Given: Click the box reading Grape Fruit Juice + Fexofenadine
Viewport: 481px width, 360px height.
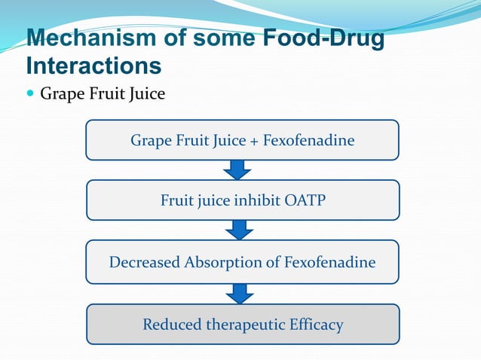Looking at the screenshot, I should pos(242,140).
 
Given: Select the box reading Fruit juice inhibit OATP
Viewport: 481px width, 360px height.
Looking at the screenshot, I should pos(242,200).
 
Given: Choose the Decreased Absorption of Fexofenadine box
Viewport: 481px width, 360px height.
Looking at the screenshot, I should pos(242,262).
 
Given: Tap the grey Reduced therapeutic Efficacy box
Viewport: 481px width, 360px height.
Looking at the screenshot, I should pos(242,325).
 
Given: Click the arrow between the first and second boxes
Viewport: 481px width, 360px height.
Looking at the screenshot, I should pos(237,169).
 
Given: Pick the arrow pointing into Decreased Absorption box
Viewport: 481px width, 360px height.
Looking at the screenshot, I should pos(240,230).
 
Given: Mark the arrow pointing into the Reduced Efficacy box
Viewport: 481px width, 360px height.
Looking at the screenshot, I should pos(240,293).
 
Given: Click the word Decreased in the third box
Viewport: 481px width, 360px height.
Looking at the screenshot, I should pos(145,263).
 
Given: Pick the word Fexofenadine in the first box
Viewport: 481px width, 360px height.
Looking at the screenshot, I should pos(308,141).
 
